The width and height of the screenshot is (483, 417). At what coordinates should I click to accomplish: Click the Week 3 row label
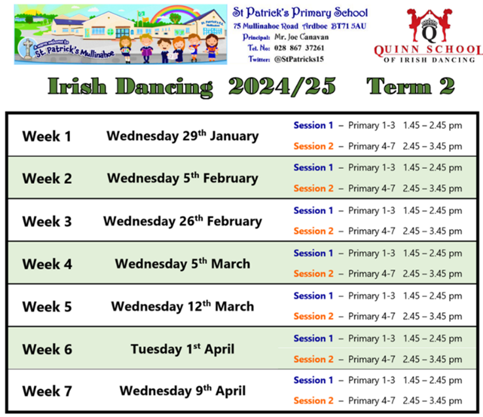(47, 222)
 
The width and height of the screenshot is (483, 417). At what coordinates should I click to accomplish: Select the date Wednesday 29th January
(183, 136)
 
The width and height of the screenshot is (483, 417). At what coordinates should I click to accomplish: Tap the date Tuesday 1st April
(183, 349)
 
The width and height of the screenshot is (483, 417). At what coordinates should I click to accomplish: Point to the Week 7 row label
(47, 391)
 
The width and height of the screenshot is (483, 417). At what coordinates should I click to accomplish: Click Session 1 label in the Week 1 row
(313, 126)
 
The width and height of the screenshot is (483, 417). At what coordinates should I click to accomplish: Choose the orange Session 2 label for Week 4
(313, 274)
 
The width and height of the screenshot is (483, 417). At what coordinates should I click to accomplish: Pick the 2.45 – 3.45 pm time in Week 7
(432, 401)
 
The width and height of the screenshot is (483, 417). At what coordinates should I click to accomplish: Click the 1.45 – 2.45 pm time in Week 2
(432, 168)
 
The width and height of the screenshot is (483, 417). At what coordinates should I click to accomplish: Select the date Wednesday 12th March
(183, 306)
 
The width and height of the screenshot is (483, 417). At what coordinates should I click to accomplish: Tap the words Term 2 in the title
(410, 86)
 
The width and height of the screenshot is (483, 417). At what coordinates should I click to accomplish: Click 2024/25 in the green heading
(282, 86)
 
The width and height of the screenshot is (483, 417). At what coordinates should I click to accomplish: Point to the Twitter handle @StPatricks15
(299, 59)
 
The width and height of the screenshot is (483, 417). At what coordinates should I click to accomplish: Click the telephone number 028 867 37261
(299, 48)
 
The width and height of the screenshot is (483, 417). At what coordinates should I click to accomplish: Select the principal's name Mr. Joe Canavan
(301, 37)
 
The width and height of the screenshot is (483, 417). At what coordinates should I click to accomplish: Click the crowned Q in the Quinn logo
(429, 31)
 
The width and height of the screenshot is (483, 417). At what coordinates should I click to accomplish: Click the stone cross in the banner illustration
(28, 48)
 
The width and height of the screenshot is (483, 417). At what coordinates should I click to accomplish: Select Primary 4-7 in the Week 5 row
(372, 317)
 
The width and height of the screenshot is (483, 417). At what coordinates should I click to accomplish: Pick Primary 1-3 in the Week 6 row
(372, 338)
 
